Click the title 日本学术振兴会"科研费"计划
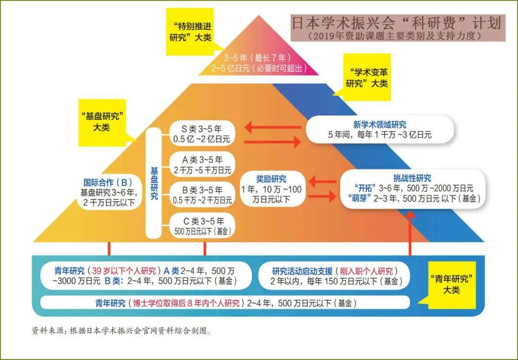[x=397, y=23]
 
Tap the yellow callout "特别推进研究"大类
[x=190, y=31]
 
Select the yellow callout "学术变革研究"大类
[x=367, y=77]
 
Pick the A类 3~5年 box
[x=202, y=164]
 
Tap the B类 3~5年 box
[x=202, y=195]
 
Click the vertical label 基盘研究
[x=153, y=184]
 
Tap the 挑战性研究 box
[x=412, y=188]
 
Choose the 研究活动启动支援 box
[x=335, y=276]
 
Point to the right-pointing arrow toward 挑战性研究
[x=322, y=196]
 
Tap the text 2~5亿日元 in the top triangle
[x=258, y=68]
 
